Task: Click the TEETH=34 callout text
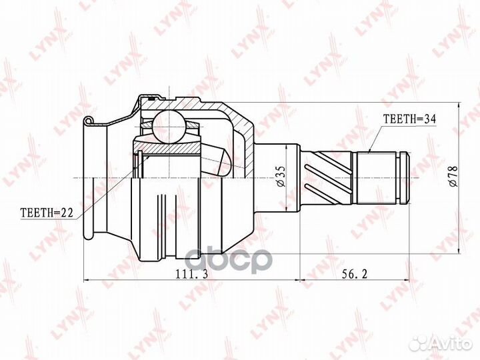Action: coord(409,119)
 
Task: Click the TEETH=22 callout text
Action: coord(47,213)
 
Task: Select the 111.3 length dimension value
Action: coord(191,274)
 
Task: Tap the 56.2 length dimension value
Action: coord(355,274)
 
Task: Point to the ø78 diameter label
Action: coord(453,176)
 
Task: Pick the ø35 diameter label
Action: coord(281,176)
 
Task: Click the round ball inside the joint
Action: coord(169,127)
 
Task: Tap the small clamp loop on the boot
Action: coord(87,120)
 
